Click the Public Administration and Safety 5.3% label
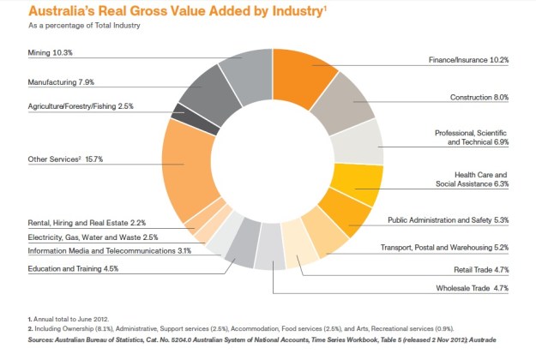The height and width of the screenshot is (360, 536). pos(449,220)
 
